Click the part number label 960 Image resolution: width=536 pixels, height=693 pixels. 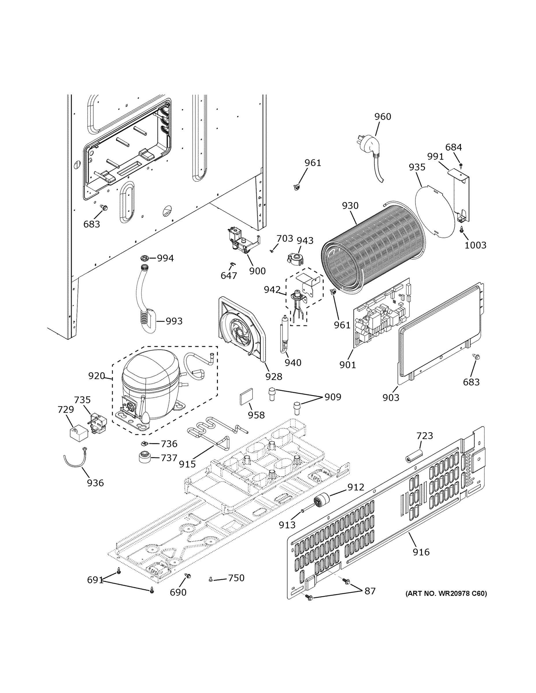coord(382,117)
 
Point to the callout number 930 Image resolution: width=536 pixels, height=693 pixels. coord(350,206)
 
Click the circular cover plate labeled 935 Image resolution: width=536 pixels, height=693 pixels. coord(435,212)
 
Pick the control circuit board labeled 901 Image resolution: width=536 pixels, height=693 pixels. coord(381,312)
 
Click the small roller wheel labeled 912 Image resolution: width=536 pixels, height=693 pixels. coord(321,502)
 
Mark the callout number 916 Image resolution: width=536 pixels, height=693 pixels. coord(421,552)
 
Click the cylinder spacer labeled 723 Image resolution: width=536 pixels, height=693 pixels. coord(413,456)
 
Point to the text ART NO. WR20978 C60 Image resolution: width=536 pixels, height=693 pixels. coord(446,593)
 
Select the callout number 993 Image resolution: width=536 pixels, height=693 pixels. coord(174,321)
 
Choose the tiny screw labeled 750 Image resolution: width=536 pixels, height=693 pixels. coord(211,580)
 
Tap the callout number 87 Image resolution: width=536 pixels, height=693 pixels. coord(370,591)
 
